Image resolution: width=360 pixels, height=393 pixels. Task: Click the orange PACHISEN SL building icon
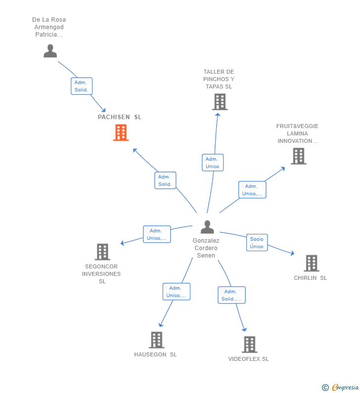[121, 132]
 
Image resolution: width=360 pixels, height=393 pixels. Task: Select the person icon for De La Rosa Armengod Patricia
[50, 51]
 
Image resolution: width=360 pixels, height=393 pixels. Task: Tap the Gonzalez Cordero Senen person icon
[207, 227]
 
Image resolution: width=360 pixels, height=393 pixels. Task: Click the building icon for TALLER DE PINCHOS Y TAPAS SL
[220, 102]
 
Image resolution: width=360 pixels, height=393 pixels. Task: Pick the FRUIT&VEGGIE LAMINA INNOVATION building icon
[298, 156]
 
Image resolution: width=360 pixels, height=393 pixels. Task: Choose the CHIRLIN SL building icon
[312, 263]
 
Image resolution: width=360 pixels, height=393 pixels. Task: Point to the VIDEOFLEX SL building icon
[250, 345]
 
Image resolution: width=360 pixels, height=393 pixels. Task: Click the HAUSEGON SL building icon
[156, 340]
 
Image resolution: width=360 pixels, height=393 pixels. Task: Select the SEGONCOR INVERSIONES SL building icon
[102, 252]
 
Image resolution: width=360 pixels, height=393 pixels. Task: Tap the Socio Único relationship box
[257, 243]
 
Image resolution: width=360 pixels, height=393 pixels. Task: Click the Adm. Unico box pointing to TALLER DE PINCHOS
[213, 163]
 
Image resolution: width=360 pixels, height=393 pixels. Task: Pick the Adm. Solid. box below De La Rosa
[82, 86]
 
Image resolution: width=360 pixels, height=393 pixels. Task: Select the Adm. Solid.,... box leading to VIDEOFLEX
[231, 295]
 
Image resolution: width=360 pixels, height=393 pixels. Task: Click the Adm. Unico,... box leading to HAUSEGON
[176, 292]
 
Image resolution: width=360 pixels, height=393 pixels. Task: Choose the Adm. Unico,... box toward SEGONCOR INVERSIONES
[157, 234]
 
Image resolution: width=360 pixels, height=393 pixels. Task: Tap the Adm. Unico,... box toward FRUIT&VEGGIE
[252, 190]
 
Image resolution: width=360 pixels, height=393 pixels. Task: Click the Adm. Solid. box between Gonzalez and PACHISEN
[165, 180]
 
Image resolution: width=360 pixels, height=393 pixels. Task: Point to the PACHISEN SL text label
[120, 117]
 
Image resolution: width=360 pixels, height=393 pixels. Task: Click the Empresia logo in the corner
[340, 387]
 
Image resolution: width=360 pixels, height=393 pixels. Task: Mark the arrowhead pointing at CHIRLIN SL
[292, 253]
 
